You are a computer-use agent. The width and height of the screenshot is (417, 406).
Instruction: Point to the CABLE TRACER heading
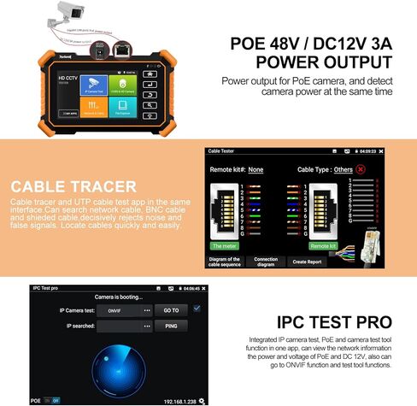pyautogui.click(x=73, y=186)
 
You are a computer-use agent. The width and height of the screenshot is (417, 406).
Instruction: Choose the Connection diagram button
pyautogui.click(x=265, y=260)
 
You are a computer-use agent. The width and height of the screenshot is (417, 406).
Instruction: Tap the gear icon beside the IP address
pyautogui.click(x=202, y=399)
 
